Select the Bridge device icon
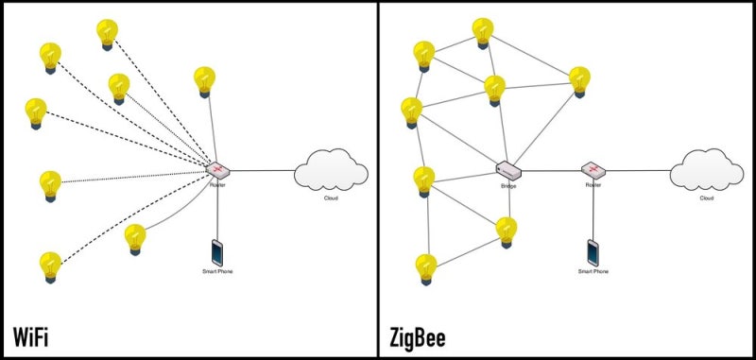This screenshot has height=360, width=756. [x=509, y=170]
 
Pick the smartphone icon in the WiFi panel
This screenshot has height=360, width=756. [x=217, y=251]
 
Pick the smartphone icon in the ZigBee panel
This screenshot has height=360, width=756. [x=593, y=251]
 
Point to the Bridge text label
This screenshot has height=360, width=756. [x=509, y=187]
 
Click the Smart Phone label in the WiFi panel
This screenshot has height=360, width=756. [x=217, y=272]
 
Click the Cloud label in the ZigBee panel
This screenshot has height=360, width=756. [x=706, y=198]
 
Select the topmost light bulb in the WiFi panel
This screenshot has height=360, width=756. [x=107, y=34]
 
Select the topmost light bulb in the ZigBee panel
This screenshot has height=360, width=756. [x=482, y=33]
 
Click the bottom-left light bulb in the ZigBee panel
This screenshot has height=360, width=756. [x=426, y=267]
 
